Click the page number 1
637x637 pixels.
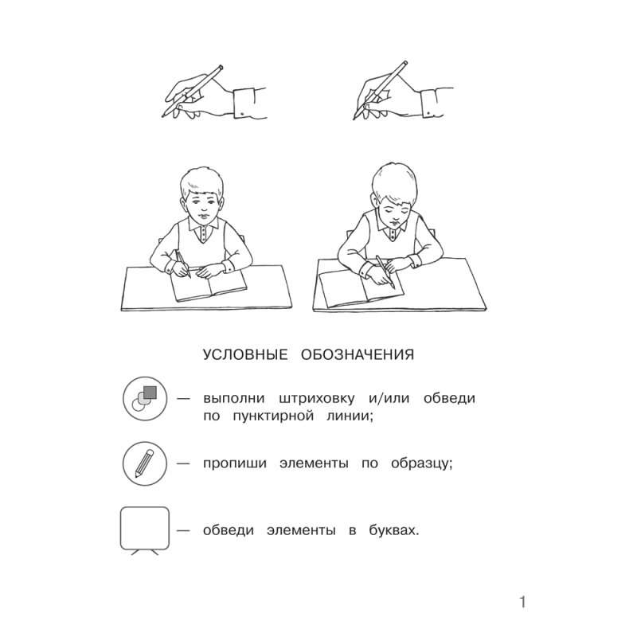click(x=522, y=602)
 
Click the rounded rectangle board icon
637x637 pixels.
click(x=144, y=528)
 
